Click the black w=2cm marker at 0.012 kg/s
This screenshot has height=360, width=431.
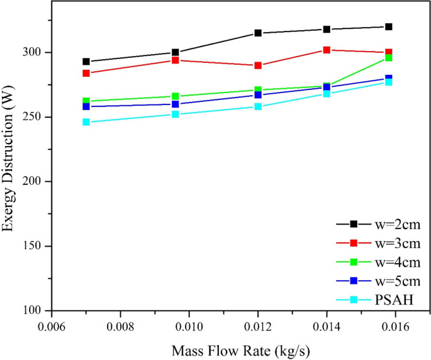pos(258,33)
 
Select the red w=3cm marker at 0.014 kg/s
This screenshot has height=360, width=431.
pos(327,50)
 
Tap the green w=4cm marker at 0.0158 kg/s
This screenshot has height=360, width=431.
pos(389,58)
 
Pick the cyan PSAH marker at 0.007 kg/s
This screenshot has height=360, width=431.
pos(86,122)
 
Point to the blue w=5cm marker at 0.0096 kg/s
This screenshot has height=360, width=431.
pos(176,104)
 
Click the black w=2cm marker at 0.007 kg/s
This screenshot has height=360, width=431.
pos(86,62)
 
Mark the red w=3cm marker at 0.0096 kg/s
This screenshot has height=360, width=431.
pos(176,60)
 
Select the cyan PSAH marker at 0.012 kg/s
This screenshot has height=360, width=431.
pos(258,106)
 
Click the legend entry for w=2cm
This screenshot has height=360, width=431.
pos(375,224)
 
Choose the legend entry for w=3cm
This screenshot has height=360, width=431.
pos(375,243)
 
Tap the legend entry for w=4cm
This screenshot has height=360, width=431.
pos(375,261)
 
